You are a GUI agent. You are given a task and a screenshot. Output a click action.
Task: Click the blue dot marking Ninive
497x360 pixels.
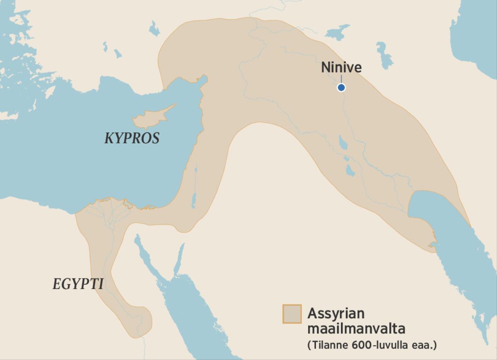coord(341,87)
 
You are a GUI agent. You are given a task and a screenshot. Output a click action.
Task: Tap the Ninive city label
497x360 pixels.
coord(341,68)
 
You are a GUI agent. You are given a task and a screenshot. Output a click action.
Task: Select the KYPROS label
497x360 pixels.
coord(132,138)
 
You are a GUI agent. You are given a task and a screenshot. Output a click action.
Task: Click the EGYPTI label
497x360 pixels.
coord(78,284)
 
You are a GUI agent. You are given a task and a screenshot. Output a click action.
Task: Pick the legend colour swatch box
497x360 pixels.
coord(292,314)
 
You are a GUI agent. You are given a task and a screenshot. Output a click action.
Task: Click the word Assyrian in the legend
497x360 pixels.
coord(336,314)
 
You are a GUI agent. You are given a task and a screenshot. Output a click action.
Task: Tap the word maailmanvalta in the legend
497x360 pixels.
coord(356,329)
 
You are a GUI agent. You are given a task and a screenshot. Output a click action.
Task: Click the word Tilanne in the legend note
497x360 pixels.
coord(327,345)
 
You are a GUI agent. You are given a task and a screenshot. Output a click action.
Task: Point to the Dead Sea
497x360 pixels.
coord(193,199)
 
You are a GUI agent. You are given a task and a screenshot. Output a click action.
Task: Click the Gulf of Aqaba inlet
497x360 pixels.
coord(179,259)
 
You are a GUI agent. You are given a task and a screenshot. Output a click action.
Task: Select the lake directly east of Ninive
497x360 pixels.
coord(384,55)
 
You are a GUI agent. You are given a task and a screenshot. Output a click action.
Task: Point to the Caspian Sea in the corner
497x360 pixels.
coord(476,37)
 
